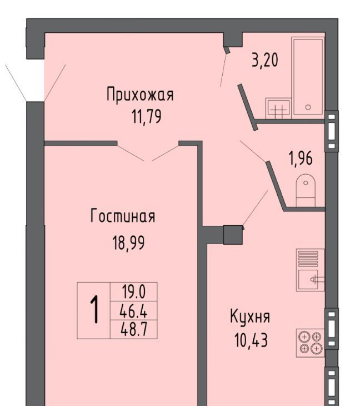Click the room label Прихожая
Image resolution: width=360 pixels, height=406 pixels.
coord(140,95)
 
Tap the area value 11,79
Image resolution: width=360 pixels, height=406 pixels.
coord(147,117)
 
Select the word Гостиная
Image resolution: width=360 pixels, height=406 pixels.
coord(123,216)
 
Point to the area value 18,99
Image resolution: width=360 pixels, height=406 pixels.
coord(128,242)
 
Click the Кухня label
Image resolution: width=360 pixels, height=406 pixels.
coord(250,317)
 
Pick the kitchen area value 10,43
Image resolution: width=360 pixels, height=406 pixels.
coord(251,340)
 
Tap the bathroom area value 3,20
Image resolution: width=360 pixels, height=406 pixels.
coord(265,60)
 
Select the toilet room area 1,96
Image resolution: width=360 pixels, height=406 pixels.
coord(301,159)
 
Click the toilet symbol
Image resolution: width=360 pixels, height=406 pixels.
coord(306,190)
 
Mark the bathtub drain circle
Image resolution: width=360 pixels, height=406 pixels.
coord(308,107)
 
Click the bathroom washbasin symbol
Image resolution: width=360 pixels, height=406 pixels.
coord(278,108)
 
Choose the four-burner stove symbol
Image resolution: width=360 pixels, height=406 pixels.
coord(310,343)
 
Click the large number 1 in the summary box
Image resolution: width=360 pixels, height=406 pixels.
coord(94,310)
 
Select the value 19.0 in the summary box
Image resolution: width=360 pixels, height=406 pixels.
coord(134,292)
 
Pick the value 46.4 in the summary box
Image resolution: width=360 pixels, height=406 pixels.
coord(133,311)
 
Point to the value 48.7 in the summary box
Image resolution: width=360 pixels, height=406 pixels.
coord(134,330)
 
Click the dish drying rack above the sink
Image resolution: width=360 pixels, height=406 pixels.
coord(308,259)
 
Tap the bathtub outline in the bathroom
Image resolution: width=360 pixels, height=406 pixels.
coord(308,76)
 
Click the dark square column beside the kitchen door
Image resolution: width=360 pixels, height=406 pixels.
coord(233,235)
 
